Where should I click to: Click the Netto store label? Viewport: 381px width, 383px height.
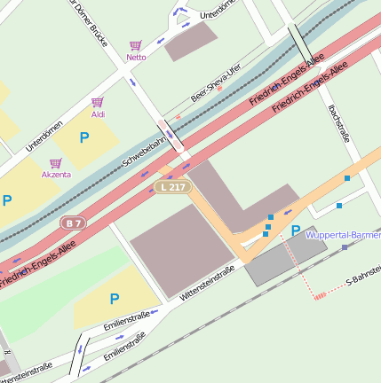pos(136,58)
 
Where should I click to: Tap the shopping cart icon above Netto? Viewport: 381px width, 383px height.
pos(136,45)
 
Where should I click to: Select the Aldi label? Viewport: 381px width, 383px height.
pos(98,114)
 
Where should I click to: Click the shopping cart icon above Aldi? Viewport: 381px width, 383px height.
pos(98,102)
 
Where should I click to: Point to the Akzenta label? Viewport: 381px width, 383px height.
pos(55,175)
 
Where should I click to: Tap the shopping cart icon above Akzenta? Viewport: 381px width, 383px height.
pos(55,163)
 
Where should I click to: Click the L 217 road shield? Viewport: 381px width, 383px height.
pos(171,187)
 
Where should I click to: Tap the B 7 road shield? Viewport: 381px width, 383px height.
pos(74,223)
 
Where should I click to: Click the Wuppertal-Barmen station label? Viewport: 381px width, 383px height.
pos(343,235)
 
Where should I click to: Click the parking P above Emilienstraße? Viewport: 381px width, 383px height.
pos(114,300)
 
